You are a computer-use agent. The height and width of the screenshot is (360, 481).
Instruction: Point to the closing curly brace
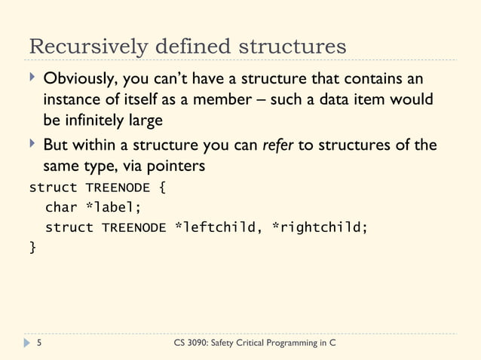click(32, 247)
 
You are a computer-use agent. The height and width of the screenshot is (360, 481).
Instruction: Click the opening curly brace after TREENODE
click(162, 187)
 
